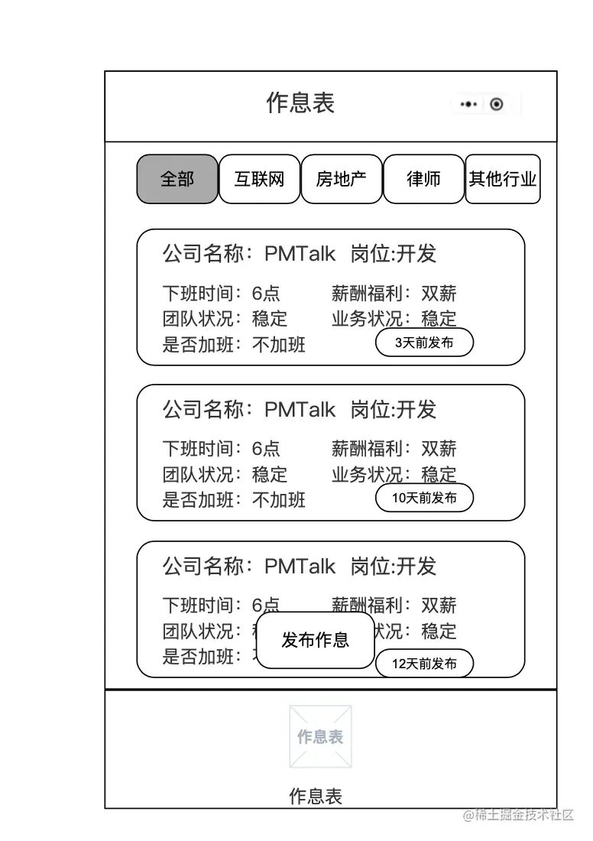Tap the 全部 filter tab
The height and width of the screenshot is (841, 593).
point(177,180)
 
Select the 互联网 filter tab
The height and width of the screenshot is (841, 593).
point(259,180)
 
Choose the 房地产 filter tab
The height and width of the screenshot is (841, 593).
point(341,180)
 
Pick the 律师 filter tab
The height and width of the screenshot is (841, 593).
point(423,180)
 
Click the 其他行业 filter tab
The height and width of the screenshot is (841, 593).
point(502,180)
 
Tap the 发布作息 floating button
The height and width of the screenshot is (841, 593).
point(315,640)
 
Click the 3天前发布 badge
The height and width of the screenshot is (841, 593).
point(424,343)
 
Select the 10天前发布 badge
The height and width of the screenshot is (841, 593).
point(424,498)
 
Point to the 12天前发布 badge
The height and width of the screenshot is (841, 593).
point(424,664)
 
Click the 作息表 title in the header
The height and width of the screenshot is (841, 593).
point(300,103)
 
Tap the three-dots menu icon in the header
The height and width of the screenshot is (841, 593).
point(469,104)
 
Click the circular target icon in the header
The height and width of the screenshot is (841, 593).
point(497,104)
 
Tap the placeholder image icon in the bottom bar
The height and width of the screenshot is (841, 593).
point(320,736)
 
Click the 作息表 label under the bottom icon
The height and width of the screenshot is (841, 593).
point(315,797)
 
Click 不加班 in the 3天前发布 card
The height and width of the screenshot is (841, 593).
point(279,345)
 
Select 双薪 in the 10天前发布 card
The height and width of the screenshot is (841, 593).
point(439,449)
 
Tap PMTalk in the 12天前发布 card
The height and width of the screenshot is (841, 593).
point(300,567)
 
